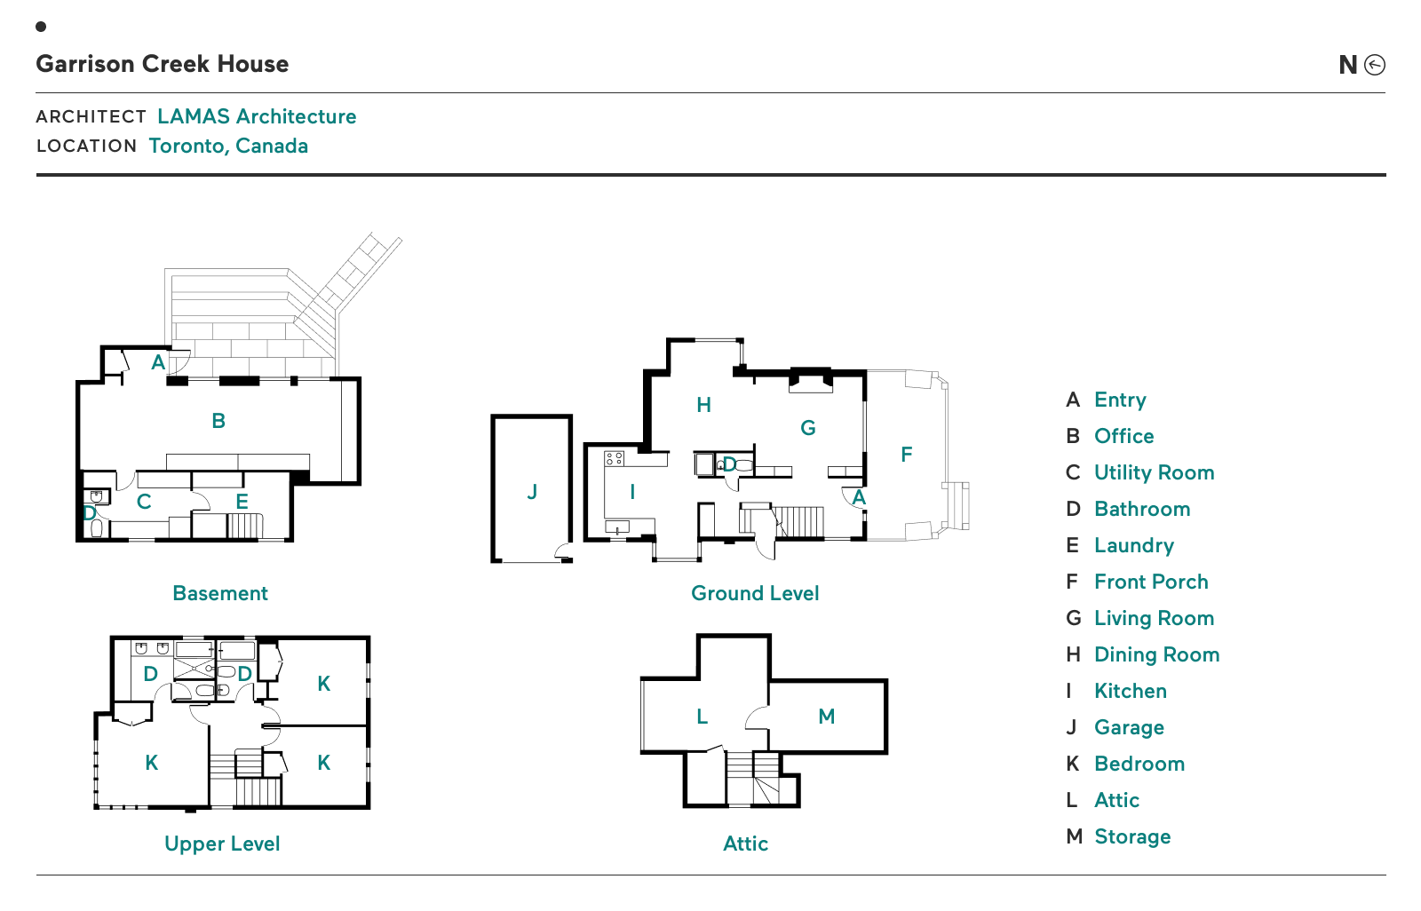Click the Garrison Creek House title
click(163, 64)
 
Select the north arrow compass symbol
click(1374, 65)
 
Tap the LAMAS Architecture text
click(257, 116)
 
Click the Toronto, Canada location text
click(228, 146)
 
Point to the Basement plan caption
click(220, 593)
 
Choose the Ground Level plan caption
click(755, 593)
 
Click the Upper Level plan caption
click(222, 844)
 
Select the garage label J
click(532, 491)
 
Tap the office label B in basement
click(218, 421)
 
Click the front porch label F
click(906, 455)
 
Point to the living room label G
click(807, 428)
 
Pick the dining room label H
click(703, 405)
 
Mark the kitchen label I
click(632, 491)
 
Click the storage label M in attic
click(826, 717)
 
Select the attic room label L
click(702, 717)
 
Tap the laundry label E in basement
click(242, 502)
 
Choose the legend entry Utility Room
click(1154, 472)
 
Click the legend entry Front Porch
click(1151, 582)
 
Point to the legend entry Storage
click(1132, 836)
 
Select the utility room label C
click(144, 502)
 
